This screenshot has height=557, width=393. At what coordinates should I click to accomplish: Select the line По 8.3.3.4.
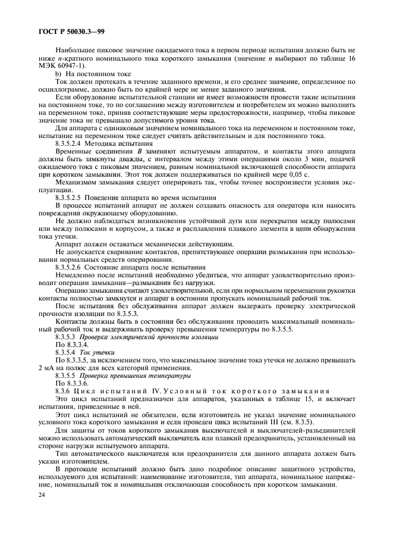[x=71, y=345]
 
